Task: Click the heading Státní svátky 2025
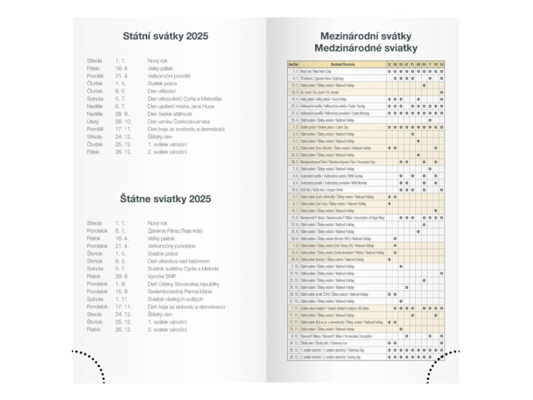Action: point(167,36)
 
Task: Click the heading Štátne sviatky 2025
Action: point(167,198)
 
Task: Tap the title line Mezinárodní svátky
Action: point(365,36)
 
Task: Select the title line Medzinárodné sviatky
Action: point(365,48)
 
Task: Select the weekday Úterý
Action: point(94,121)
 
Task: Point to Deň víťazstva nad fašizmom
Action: point(179,261)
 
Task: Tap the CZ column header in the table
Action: point(389,64)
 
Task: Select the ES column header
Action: point(442,64)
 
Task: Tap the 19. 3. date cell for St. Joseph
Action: point(294,92)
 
